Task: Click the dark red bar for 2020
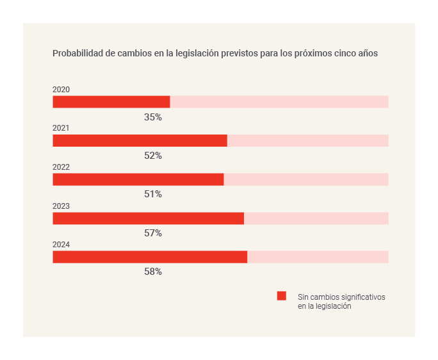tap(111, 102)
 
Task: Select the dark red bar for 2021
tap(140, 141)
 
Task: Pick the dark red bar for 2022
tap(138, 179)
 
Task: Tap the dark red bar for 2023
tap(148, 218)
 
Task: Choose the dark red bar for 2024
tap(150, 257)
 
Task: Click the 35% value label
tap(153, 117)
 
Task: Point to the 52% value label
tap(153, 156)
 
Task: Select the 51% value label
tap(153, 194)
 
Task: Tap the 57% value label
tap(153, 233)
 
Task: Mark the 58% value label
tap(153, 272)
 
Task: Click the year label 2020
tap(61, 90)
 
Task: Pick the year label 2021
tap(61, 128)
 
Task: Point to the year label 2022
tap(61, 167)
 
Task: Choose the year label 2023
tap(61, 206)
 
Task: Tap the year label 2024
tap(61, 245)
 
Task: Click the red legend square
tap(282, 296)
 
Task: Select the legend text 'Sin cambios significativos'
tap(341, 297)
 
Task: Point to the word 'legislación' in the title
tap(188, 54)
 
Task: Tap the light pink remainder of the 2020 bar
tap(279, 102)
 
